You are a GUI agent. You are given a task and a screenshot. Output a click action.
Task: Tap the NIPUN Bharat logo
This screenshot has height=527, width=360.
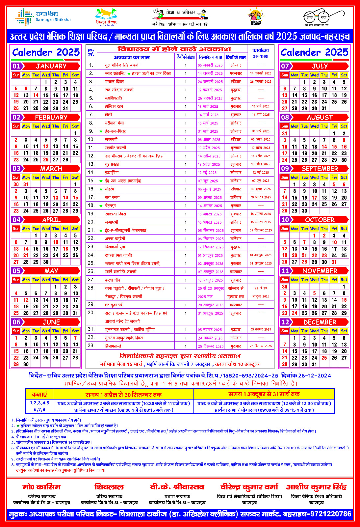256,17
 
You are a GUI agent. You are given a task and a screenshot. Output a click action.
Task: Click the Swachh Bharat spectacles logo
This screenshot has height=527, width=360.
320,17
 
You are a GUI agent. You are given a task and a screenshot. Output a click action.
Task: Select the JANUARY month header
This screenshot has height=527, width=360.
51,66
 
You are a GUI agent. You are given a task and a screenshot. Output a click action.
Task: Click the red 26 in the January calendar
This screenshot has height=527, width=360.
16,108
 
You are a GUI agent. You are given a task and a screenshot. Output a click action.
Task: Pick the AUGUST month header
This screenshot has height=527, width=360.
320,117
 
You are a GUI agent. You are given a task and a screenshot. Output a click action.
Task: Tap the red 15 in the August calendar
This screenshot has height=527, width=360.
334,147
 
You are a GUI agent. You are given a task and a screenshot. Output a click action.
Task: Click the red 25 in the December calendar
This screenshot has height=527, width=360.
324,358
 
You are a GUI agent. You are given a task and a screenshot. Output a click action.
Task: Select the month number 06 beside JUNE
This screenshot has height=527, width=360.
16,322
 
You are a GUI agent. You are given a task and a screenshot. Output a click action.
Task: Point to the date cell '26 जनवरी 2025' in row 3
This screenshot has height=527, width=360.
210,82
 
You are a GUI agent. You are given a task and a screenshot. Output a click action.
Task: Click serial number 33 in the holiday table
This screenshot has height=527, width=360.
91,346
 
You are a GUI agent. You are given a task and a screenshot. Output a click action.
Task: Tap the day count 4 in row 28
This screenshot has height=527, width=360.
186,288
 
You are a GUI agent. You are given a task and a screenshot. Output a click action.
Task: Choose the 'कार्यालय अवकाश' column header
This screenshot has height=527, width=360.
261,53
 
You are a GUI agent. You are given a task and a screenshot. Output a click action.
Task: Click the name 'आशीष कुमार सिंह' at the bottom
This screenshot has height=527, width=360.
316,487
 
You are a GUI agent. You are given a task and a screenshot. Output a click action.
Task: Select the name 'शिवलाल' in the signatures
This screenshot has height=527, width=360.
109,487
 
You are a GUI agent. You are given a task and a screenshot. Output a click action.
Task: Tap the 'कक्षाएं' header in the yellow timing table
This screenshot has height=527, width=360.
39,394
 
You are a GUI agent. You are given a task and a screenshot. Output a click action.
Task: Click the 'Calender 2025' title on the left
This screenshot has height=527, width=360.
46,52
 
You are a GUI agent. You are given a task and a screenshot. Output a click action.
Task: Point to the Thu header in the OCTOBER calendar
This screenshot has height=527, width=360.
324,229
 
